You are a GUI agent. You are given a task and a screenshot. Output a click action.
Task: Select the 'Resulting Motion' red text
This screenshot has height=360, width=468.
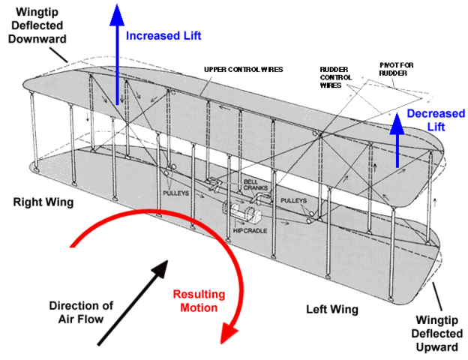[x=197, y=301]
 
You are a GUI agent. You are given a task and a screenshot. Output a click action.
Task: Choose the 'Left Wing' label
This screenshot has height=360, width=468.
[x=332, y=309]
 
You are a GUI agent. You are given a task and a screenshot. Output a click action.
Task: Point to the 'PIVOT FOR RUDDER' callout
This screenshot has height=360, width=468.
[x=396, y=69]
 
